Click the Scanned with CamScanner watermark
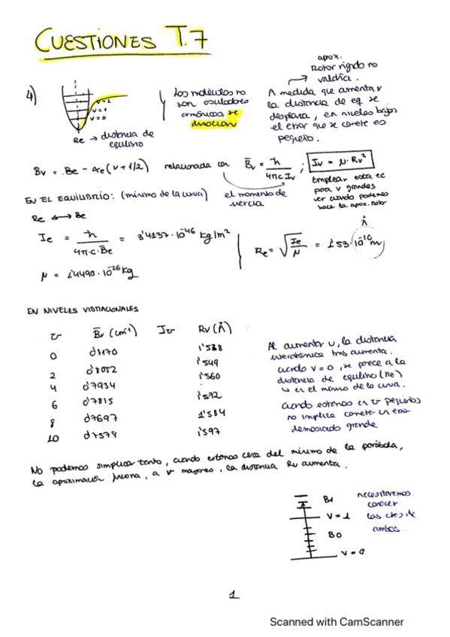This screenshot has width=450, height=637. (x=337, y=621)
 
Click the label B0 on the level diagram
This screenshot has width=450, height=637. (x=335, y=535)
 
